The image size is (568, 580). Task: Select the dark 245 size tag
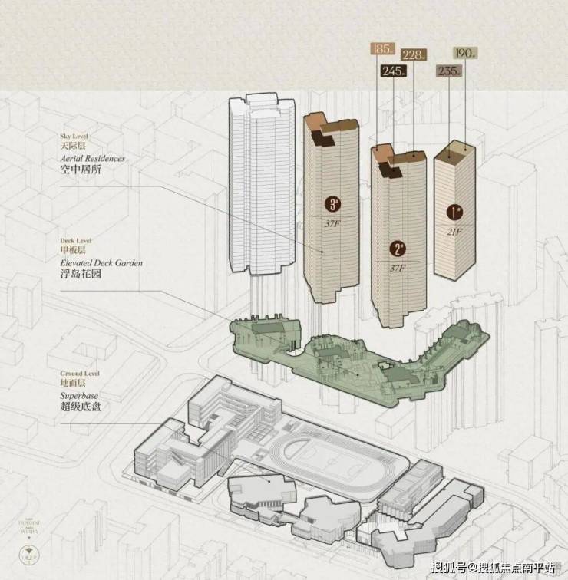[393, 71]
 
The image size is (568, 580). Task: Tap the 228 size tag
[414, 54]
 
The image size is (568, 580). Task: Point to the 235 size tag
[449, 71]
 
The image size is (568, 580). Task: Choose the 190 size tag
[464, 53]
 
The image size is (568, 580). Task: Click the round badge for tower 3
[333, 204]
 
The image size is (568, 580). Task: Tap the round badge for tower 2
[398, 249]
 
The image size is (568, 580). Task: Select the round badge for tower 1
[455, 211]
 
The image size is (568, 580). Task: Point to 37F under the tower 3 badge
[333, 222]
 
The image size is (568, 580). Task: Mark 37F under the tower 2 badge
[398, 268]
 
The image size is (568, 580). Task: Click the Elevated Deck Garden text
[101, 262]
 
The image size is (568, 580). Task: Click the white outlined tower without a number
[260, 184]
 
